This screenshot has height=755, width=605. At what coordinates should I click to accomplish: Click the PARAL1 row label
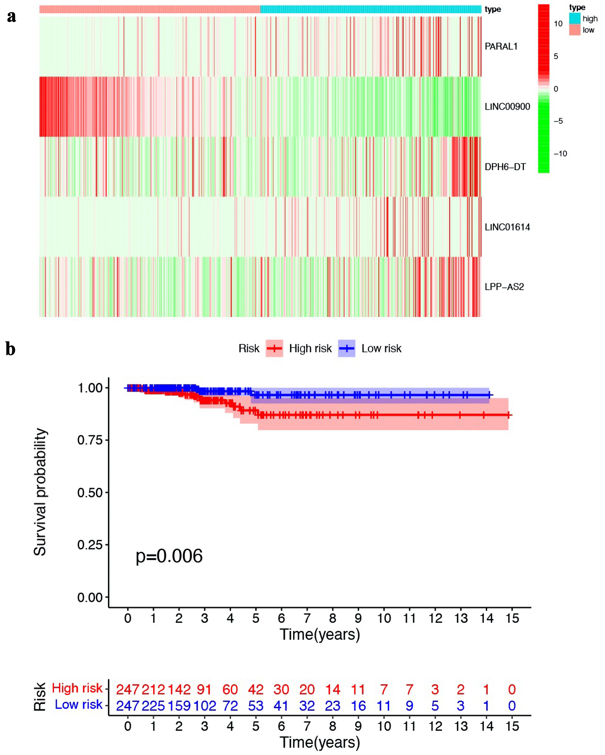click(x=501, y=46)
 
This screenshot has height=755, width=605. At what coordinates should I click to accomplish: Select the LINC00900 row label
click(x=507, y=107)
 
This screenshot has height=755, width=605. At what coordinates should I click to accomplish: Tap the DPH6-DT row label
click(x=505, y=167)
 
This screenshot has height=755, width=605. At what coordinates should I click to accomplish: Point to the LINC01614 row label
click(x=507, y=227)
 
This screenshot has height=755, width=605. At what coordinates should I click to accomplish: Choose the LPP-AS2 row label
click(x=504, y=287)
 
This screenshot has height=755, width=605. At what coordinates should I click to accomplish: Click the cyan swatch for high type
click(x=575, y=18)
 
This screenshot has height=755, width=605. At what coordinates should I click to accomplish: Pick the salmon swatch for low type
click(x=575, y=30)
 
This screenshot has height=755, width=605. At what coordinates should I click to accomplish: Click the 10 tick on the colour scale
click(x=558, y=24)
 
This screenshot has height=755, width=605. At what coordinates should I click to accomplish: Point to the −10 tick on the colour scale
click(x=560, y=153)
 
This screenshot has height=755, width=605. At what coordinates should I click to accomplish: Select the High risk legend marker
click(x=274, y=348)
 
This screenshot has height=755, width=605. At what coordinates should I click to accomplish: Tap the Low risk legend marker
click(x=346, y=348)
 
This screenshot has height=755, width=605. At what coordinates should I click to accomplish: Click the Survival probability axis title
click(x=40, y=492)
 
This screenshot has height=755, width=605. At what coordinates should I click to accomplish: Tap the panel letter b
click(x=11, y=349)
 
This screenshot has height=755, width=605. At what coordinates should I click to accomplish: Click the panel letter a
click(x=12, y=16)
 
